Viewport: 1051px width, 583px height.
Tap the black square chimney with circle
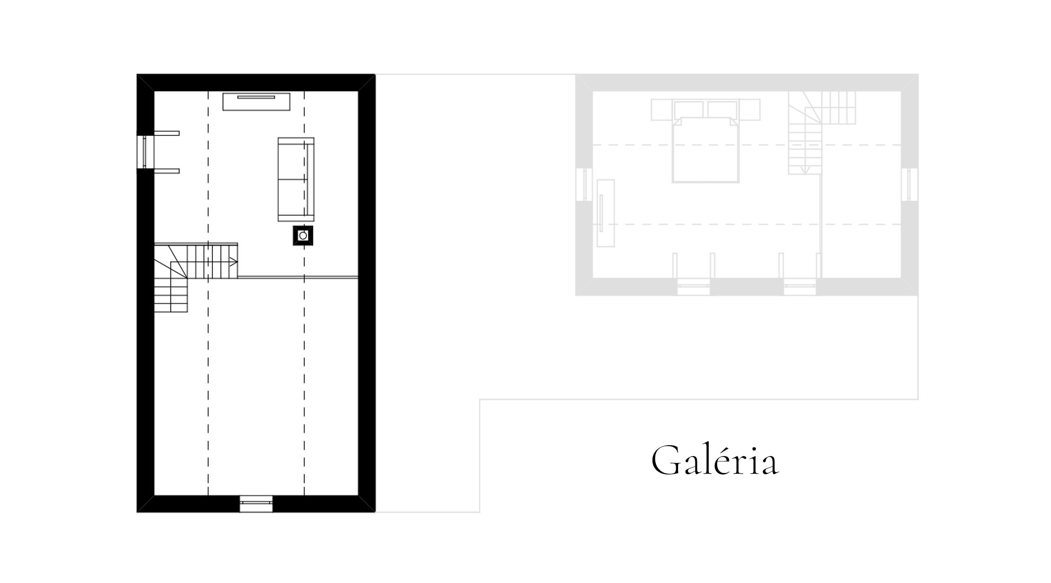click(x=303, y=236)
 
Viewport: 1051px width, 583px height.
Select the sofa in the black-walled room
click(x=296, y=179)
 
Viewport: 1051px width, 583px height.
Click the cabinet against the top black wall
click(x=256, y=101)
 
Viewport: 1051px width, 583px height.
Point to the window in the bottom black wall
click(x=256, y=504)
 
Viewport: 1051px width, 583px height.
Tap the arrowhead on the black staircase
click(x=233, y=262)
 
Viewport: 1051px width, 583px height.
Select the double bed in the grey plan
click(x=705, y=150)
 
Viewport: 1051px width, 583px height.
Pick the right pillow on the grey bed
click(x=722, y=110)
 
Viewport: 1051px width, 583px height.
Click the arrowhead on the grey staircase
click(x=805, y=170)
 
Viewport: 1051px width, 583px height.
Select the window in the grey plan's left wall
click(x=584, y=185)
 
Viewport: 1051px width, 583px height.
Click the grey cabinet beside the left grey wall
click(x=606, y=213)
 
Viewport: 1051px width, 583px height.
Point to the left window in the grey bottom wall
click(x=694, y=287)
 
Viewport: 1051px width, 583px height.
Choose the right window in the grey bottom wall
click(x=800, y=287)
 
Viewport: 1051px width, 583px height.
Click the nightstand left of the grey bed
click(x=662, y=110)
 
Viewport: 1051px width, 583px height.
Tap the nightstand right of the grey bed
click(x=749, y=110)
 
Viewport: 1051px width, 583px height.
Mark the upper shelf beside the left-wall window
click(x=167, y=133)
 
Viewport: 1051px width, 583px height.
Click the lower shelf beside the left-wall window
click(x=167, y=171)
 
